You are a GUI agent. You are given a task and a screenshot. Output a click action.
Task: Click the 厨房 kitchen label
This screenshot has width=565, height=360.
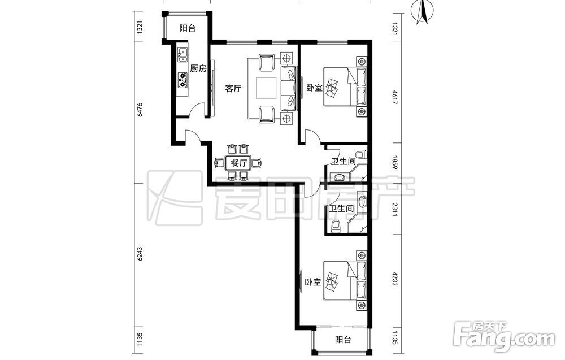coord(198,68)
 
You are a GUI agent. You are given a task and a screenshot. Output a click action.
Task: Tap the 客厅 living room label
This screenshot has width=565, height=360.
coord(233,88)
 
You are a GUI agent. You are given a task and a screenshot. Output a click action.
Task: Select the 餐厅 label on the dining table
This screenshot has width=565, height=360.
coord(239,163)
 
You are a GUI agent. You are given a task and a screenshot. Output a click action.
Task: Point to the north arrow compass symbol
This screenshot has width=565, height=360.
coord(424,12)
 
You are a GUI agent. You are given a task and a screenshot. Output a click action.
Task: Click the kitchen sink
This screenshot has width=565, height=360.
coord(182,54)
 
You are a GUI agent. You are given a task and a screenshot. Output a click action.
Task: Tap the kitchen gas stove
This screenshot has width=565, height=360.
coord(182,81)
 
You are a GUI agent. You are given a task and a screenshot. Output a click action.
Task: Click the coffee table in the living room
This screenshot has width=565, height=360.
coord(266,88)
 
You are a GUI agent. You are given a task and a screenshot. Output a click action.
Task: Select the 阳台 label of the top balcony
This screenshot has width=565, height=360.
coord(188,28)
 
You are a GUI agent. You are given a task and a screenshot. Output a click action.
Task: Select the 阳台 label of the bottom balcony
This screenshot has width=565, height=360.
coord(343,340)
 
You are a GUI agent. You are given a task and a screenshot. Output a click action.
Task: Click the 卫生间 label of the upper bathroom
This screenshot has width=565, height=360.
coord(344,162)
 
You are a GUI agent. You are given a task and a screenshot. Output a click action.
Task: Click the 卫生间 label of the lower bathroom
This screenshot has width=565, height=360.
coord(341,209)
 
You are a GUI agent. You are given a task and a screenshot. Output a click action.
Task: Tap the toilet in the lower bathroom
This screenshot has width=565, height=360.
coord(336,226)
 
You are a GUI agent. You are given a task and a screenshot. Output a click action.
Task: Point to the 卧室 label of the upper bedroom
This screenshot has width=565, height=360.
coord(314,88)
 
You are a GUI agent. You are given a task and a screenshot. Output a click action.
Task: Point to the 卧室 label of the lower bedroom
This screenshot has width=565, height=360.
coord(313,282)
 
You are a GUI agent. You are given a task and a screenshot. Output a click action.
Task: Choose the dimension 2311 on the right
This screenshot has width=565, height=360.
coord(394,210)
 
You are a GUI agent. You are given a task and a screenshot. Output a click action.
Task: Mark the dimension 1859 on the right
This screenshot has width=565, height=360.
coord(394,163)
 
